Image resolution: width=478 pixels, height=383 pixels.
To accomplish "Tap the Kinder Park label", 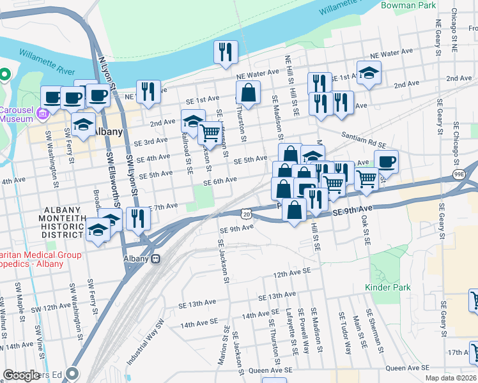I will [387, 288].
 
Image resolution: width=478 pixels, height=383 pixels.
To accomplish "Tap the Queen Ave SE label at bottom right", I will [408, 368].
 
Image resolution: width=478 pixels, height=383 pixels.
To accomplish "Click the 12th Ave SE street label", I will [291, 273].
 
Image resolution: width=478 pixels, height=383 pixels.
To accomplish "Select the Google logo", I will [21, 375].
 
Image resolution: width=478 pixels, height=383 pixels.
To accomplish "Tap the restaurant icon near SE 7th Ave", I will [138, 218].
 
